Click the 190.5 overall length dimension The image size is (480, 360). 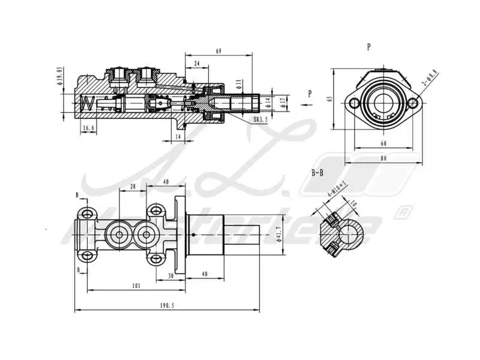(167, 305)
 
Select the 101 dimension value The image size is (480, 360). (136, 286)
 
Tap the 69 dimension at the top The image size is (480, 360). (218, 52)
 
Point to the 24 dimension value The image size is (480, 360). (197, 63)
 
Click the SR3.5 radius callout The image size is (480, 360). (261, 120)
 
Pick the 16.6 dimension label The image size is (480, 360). (88, 128)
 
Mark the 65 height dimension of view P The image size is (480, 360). (330, 100)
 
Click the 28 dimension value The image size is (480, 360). (132, 187)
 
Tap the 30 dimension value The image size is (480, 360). (171, 276)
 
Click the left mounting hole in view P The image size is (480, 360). (354, 104)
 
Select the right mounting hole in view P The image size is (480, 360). (412, 104)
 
